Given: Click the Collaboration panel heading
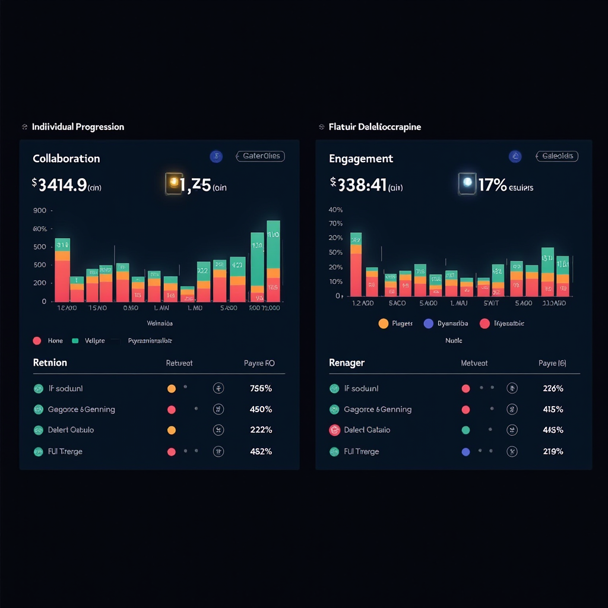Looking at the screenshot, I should tap(66, 159).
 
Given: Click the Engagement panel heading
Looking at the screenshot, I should tap(361, 159).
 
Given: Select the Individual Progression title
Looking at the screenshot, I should tap(78, 127).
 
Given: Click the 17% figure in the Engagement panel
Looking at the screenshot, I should tap(492, 185).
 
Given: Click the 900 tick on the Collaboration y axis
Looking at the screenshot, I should tap(40, 210).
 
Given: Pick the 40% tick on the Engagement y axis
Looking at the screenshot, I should tap(335, 210).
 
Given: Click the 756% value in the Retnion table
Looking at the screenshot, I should tap(261, 389).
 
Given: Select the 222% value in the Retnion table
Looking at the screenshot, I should tap(261, 430).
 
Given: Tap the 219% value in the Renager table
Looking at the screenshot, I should tap(553, 451).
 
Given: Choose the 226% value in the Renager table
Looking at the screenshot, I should tap(553, 389).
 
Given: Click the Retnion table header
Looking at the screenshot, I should tap(50, 363).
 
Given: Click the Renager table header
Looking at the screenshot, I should tap(347, 363).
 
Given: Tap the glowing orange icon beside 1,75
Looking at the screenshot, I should tap(174, 183).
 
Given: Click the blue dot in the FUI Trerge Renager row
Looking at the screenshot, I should tap(465, 451).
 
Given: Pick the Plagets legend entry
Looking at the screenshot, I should tap(398, 324).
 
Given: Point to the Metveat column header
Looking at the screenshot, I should tap(474, 363).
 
